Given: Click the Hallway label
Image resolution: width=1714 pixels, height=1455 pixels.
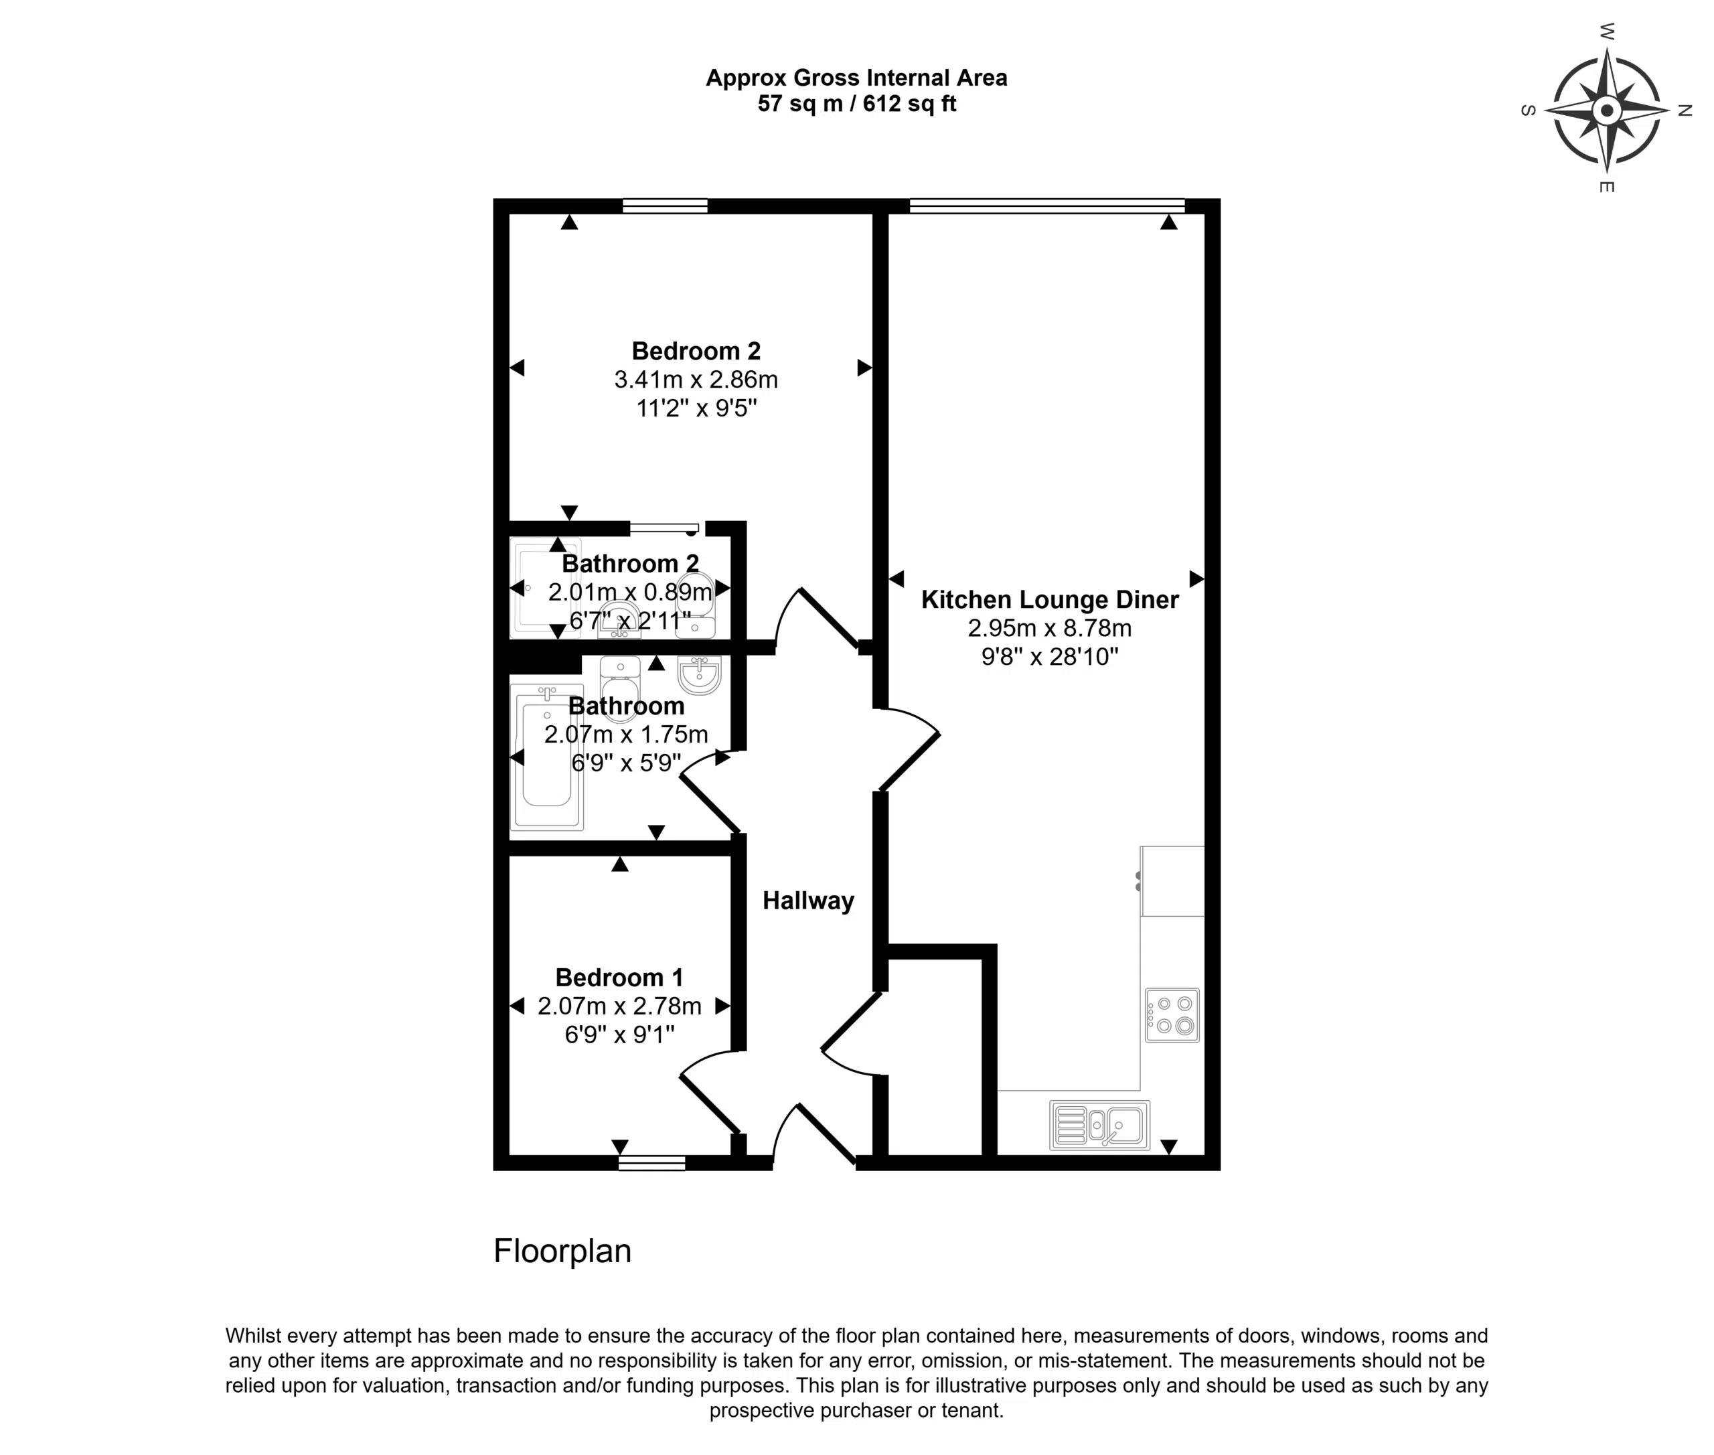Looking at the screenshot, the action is [x=807, y=901].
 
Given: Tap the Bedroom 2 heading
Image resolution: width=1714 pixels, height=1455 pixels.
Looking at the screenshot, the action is [x=696, y=352].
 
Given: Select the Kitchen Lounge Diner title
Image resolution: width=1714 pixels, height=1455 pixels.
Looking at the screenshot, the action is [x=1049, y=600].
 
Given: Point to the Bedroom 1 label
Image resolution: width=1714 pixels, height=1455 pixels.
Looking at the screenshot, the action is [x=619, y=978].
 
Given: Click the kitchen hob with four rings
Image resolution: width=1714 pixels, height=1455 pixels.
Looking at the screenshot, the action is [x=1172, y=1015].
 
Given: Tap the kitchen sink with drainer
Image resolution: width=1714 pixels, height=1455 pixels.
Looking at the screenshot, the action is [x=1099, y=1125].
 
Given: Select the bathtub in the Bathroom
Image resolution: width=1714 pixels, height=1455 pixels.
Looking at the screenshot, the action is [x=547, y=757].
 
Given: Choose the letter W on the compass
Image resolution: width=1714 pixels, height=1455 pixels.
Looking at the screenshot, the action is [x=1607, y=32].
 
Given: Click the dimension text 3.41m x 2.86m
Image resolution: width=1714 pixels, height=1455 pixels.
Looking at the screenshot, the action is [x=696, y=380].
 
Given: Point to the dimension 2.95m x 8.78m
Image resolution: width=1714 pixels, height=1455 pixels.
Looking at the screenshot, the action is [x=1049, y=629].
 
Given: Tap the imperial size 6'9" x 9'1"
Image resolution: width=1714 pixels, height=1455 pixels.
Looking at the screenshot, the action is [x=619, y=1035].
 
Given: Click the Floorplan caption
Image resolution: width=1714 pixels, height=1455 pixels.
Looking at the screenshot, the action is [x=562, y=1251].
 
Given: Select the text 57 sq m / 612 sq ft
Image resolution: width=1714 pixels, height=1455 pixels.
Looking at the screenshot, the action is [x=857, y=104].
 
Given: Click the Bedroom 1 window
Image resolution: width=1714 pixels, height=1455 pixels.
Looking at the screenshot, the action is [x=651, y=1163].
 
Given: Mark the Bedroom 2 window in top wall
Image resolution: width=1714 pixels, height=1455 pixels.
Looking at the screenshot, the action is [x=665, y=206].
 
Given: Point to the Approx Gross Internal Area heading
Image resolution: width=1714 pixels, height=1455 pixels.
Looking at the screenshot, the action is [x=857, y=78].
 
